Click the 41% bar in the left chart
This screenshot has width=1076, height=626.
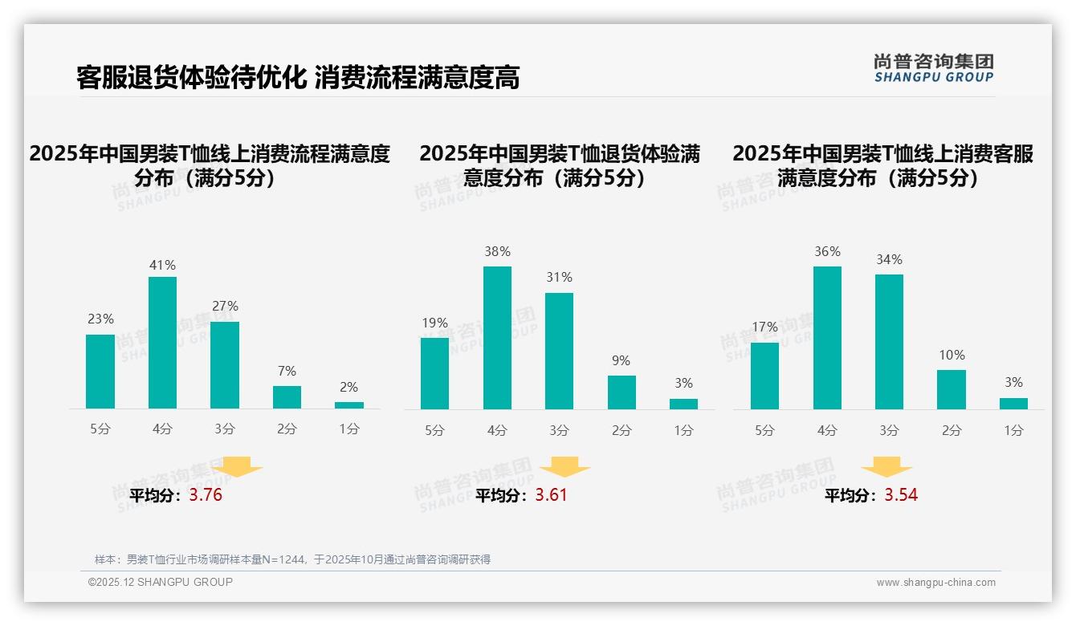tap(162, 343)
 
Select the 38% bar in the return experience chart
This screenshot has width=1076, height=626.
tap(497, 338)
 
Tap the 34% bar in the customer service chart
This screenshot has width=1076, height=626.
tap(889, 342)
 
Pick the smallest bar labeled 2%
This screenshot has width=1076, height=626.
tap(349, 405)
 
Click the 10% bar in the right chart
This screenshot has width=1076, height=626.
tap(952, 389)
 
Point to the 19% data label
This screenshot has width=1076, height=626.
tap(434, 323)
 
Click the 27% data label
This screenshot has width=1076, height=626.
tap(225, 307)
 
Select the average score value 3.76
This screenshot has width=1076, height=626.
tap(206, 495)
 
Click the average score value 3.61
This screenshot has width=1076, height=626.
tap(551, 495)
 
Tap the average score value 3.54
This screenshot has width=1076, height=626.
tap(901, 495)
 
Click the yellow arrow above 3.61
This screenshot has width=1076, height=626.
tap(565, 466)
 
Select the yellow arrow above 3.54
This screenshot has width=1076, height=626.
tap(886, 466)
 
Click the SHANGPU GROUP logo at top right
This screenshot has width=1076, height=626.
tap(933, 68)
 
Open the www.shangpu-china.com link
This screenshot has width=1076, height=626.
tap(935, 583)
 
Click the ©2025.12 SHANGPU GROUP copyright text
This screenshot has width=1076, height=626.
tap(161, 582)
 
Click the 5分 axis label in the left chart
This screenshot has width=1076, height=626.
tap(100, 429)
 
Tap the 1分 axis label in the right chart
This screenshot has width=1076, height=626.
tap(1013, 431)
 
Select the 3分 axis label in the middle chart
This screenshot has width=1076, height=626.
tap(559, 431)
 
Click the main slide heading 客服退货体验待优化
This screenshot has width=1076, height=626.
tap(191, 77)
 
